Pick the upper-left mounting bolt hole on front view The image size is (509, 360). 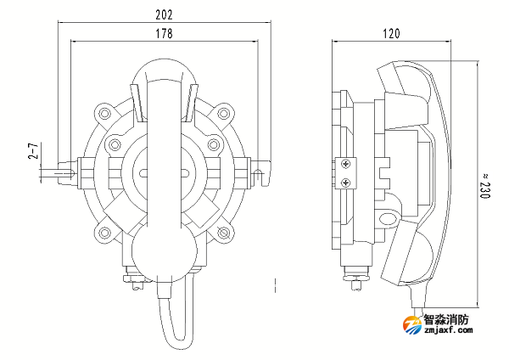pyautogui.click(x=105, y=112)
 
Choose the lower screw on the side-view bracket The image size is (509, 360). pyautogui.click(x=346, y=181)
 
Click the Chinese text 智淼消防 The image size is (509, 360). pyautogui.click(x=450, y=320)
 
